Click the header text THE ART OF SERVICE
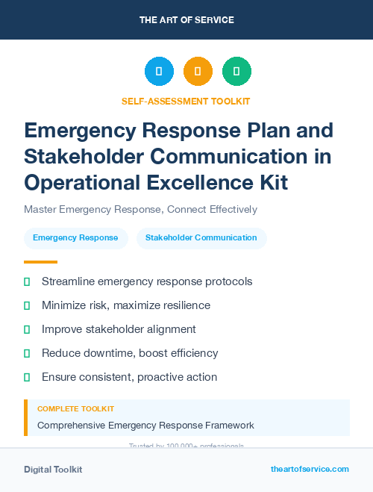(x=186, y=20)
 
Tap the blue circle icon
(x=159, y=72)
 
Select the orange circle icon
(x=198, y=72)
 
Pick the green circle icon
(x=236, y=72)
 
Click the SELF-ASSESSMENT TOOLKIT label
(x=186, y=101)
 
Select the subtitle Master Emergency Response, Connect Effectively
(x=141, y=209)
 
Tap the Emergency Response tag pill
(x=75, y=238)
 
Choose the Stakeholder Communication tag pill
(x=201, y=238)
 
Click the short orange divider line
(x=40, y=262)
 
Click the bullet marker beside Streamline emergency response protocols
(x=27, y=281)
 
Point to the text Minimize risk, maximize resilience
(x=126, y=305)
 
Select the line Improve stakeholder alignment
(x=119, y=329)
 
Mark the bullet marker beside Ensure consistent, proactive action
(x=27, y=377)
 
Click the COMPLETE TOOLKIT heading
(x=75, y=409)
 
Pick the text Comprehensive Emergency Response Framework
(x=145, y=426)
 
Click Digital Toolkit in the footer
(x=53, y=470)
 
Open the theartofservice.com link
(x=310, y=469)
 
